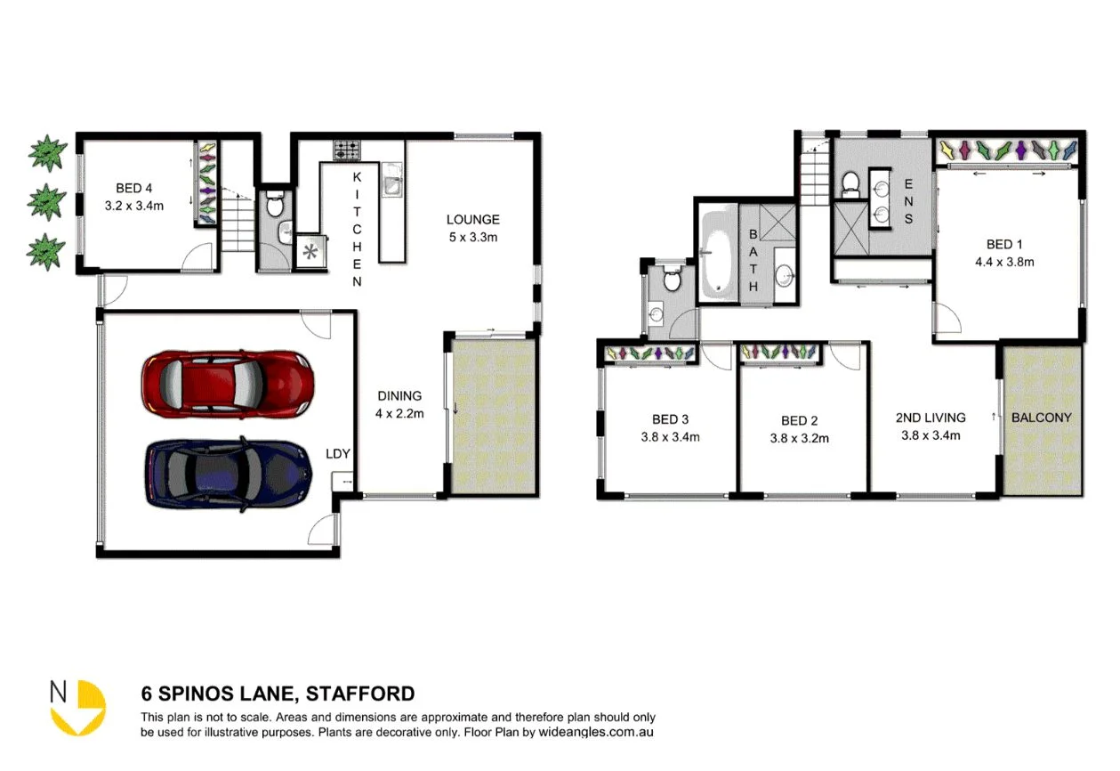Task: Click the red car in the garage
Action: [228, 383]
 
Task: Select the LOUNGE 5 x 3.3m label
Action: [472, 227]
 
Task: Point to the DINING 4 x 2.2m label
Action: [399, 404]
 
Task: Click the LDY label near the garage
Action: [339, 453]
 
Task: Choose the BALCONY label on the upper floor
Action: [1041, 417]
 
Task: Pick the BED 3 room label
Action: [670, 427]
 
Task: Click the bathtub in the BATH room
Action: [717, 254]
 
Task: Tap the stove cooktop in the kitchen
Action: [347, 150]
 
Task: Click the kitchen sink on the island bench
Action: [391, 185]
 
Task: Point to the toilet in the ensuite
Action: [850, 183]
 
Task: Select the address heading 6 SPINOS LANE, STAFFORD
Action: [278, 694]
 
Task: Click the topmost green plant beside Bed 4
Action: [45, 153]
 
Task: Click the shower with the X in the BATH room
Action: [778, 220]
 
